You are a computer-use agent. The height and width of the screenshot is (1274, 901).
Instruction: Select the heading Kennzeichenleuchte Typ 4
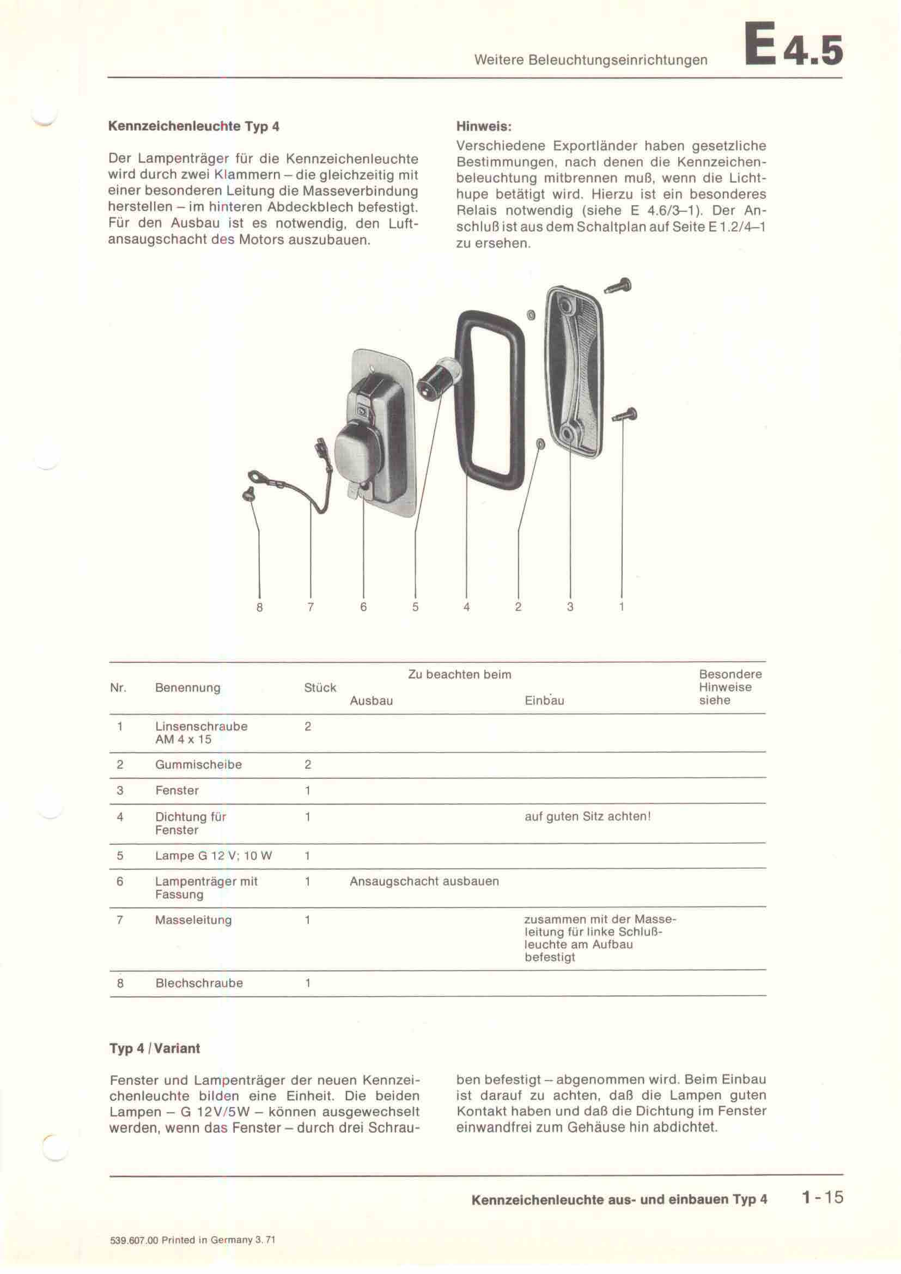pos(193,126)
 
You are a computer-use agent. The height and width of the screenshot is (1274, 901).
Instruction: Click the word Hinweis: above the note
pos(483,126)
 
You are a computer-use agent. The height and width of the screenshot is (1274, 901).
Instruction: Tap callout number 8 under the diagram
pos(259,607)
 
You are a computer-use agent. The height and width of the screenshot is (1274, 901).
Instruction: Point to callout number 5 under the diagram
pos(415,607)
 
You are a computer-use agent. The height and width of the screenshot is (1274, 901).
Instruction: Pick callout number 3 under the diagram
pos(570,607)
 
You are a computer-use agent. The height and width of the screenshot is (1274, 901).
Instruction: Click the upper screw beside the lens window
pos(619,287)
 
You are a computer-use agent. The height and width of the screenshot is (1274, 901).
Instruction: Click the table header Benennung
pos(187,687)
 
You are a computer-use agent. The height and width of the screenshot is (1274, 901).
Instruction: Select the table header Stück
pos(320,687)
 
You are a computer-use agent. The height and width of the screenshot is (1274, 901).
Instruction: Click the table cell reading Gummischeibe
pos(198,765)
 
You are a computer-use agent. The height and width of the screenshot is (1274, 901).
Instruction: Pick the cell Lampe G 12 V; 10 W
pos(214,856)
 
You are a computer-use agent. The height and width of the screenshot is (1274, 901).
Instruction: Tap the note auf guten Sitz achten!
pos(588,817)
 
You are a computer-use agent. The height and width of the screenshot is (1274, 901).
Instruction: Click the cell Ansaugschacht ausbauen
pos(424,881)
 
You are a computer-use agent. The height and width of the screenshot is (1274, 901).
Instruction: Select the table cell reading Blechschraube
pos(199,983)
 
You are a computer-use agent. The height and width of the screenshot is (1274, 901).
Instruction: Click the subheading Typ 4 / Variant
pos(155,1048)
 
